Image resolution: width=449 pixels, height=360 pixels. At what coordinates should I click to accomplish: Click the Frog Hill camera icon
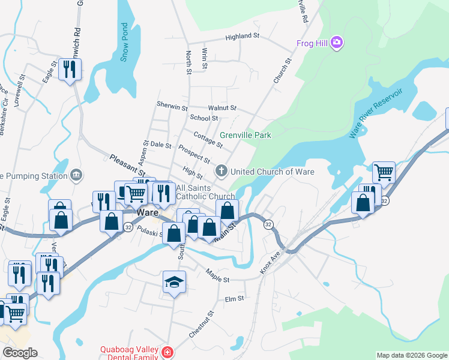point(337,43)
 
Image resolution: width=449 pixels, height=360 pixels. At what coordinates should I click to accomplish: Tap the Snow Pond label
point(124,42)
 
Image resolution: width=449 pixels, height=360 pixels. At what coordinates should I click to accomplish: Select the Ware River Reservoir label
point(376,113)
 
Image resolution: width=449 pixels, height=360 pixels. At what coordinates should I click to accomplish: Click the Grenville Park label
point(245,135)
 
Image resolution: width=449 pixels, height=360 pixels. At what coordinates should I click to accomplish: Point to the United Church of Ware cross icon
point(221,172)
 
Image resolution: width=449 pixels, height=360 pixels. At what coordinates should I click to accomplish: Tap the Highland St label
point(242,37)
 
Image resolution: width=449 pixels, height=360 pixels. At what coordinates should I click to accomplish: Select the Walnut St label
point(222,108)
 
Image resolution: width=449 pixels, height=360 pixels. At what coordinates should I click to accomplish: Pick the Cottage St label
point(208,141)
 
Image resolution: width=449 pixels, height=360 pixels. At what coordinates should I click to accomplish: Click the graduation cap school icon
point(174,283)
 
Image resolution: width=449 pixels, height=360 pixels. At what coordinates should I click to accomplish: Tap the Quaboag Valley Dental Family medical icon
point(169,351)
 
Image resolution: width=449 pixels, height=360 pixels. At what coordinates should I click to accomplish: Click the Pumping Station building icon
point(76,175)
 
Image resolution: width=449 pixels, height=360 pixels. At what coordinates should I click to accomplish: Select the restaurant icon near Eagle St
point(70,70)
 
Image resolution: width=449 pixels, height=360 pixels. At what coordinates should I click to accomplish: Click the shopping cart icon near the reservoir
point(384,172)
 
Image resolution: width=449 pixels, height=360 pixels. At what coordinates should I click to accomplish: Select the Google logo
point(20,353)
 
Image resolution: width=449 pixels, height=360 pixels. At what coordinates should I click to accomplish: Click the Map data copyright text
point(412,355)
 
